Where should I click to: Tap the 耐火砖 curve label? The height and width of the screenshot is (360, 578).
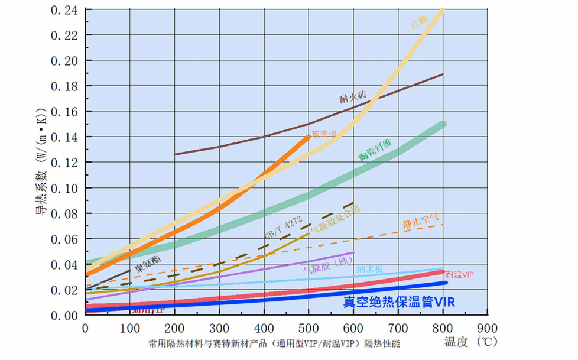point(353,96)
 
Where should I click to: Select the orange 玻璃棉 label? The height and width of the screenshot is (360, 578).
point(324,134)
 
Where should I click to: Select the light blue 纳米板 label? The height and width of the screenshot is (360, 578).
point(369,270)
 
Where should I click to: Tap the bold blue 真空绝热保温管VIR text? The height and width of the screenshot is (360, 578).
point(399,302)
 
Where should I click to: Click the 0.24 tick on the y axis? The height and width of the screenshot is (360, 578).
point(64,9)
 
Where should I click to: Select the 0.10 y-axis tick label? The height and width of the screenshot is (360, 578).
point(64,188)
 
